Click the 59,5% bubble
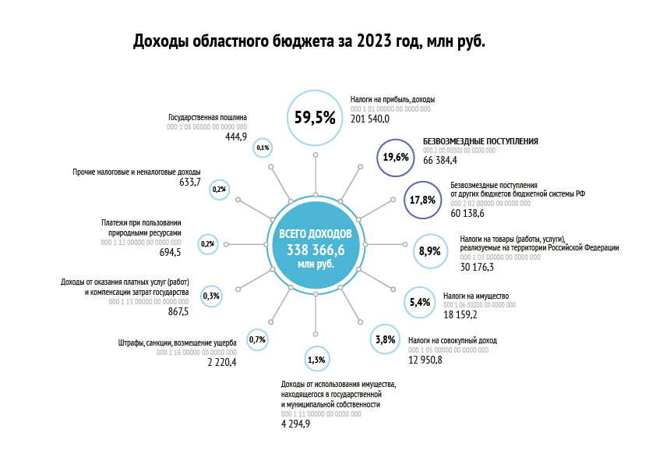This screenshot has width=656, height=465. [315, 118]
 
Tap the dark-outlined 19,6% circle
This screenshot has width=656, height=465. [396, 157]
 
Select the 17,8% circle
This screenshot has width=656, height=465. [422, 199]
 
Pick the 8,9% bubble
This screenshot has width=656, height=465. [429, 251]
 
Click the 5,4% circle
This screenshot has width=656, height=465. [419, 302]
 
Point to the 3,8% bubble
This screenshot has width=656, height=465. [385, 340]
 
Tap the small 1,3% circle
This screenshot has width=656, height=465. [316, 360]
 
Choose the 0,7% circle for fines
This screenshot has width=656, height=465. [257, 339]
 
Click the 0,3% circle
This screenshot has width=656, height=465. [211, 296]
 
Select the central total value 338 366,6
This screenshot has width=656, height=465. [316, 250]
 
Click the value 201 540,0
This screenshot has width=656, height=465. [370, 119]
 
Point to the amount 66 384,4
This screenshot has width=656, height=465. [439, 160]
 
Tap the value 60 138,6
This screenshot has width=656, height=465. [467, 212]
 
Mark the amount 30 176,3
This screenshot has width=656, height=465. [477, 267]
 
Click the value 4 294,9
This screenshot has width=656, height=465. [296, 424]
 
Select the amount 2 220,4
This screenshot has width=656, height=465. [222, 363]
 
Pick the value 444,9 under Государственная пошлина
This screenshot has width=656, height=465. [235, 136]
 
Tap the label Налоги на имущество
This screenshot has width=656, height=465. [475, 296]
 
